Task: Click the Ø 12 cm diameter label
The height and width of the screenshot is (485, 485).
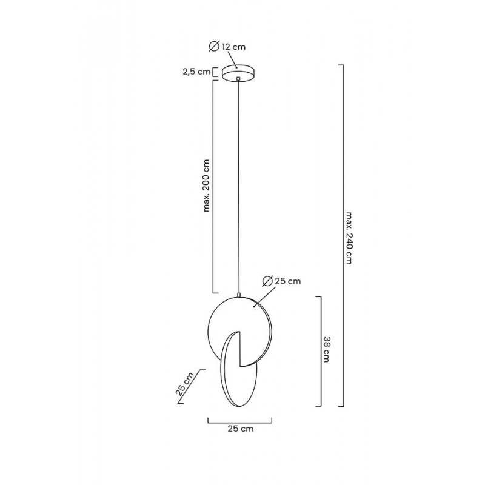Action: [227, 47]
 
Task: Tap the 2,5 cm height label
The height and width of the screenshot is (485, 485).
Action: [196, 72]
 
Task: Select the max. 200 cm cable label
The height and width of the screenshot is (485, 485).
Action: [206, 186]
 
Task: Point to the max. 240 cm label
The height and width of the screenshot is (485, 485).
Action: [349, 238]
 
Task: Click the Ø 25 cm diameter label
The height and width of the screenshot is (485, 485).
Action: [281, 281]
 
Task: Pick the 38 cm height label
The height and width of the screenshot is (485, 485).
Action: [326, 349]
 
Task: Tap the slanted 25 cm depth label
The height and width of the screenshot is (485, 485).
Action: [185, 384]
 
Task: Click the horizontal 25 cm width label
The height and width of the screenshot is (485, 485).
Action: [241, 429]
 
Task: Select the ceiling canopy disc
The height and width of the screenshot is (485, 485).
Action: [238, 72]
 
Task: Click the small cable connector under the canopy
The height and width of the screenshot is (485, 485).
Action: [238, 79]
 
